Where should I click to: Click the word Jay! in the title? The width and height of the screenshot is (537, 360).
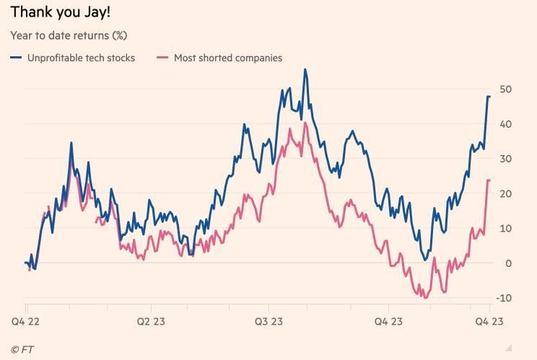tap(95, 13)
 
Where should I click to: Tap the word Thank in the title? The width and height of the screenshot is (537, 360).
tap(29, 13)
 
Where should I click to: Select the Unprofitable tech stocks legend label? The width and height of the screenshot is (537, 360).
tap(81, 58)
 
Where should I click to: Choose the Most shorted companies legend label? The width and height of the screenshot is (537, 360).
tap(228, 58)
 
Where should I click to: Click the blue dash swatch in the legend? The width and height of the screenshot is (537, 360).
tap(16, 58)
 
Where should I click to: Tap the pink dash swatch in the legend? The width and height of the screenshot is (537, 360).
tap(163, 58)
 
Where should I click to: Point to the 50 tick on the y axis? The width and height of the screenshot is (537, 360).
tap(506, 89)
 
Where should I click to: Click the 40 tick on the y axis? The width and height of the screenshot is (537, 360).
tap(506, 124)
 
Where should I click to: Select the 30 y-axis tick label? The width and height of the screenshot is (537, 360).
tap(506, 159)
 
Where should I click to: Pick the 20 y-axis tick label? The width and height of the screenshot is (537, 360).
tap(506, 193)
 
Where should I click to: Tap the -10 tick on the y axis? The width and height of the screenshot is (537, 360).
tap(505, 298)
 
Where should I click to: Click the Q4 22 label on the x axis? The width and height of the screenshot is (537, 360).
tap(25, 320)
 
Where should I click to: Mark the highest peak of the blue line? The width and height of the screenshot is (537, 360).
tap(305, 69)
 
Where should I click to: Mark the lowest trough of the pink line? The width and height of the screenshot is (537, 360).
tap(426, 297)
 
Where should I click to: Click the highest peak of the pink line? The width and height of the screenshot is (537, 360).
tap(306, 123)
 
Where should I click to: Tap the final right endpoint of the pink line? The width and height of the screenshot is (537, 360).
tap(489, 180)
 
